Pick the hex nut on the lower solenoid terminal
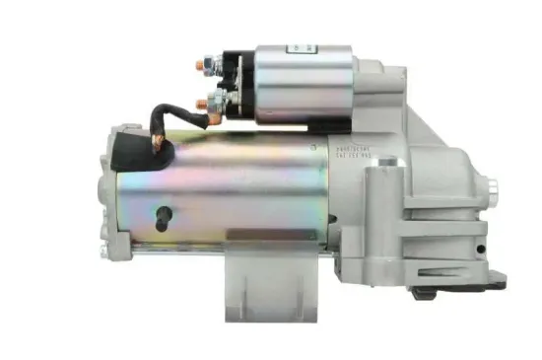(216, 101)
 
